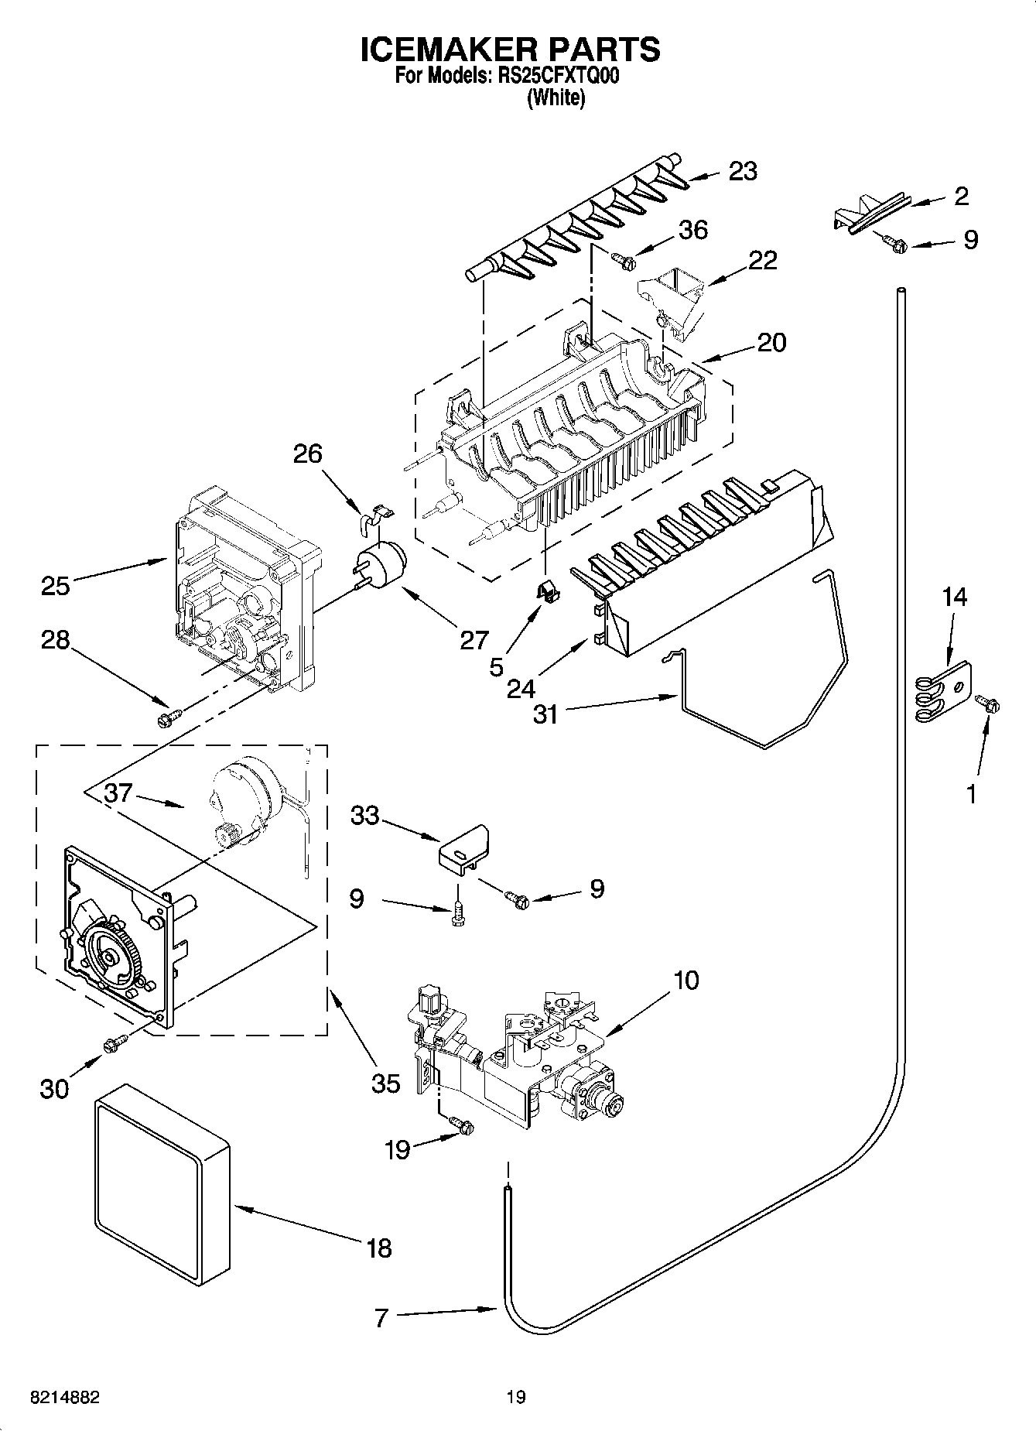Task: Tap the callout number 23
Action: [742, 171]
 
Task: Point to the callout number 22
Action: [762, 260]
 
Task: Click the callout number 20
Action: [771, 342]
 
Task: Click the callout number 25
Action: [55, 586]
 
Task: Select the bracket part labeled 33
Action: [465, 847]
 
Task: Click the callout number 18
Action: [379, 1248]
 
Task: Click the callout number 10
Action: [686, 981]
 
